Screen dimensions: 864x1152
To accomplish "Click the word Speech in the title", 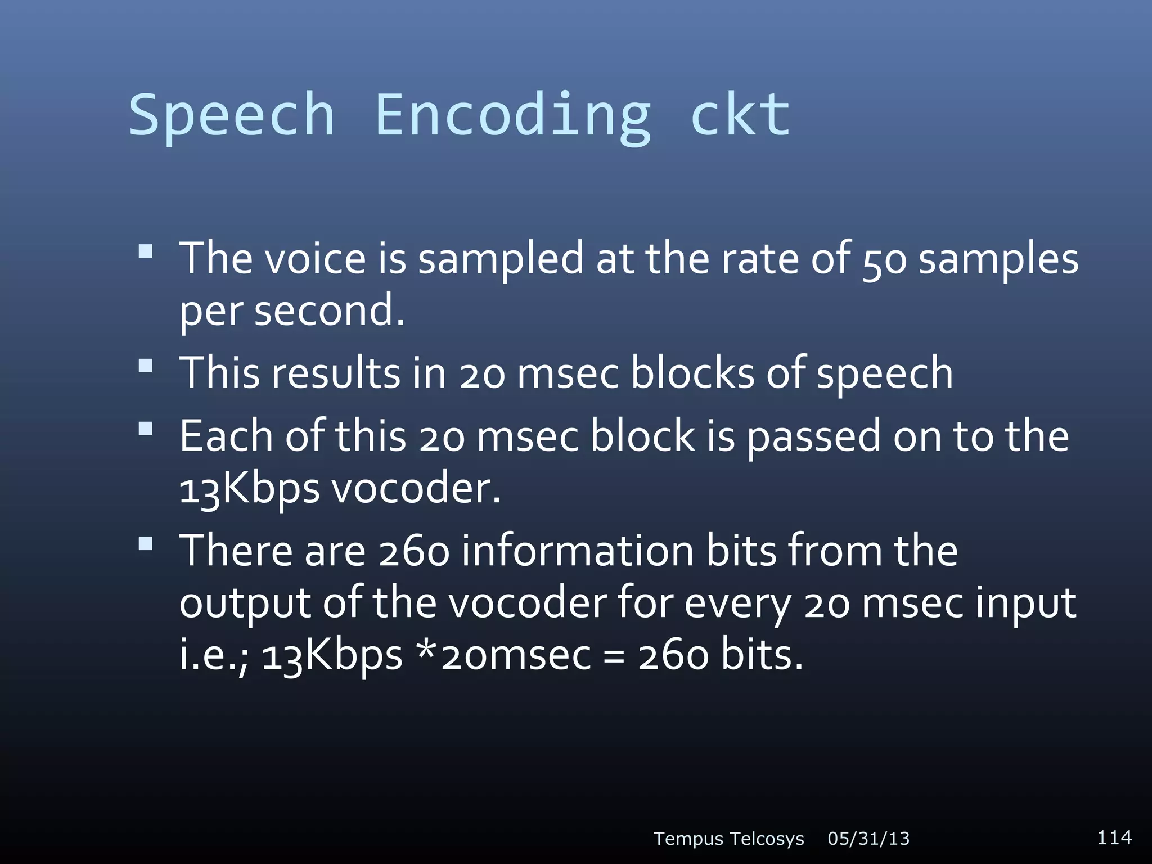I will click(x=231, y=115).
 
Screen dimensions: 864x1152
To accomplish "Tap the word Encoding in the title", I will click(x=512, y=115).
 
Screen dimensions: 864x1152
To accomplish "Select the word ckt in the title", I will click(x=740, y=115).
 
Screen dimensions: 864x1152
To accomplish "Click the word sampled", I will click(x=501, y=260).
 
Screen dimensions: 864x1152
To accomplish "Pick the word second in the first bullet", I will click(x=329, y=310).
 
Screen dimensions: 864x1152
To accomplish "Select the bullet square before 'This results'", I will click(x=146, y=366).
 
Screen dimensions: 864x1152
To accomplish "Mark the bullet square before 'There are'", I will click(x=146, y=543).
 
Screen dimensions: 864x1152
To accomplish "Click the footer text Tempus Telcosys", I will click(x=728, y=839).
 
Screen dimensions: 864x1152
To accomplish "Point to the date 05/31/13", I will click(x=868, y=839).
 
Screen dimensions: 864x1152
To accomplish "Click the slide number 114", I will click(x=1114, y=837).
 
